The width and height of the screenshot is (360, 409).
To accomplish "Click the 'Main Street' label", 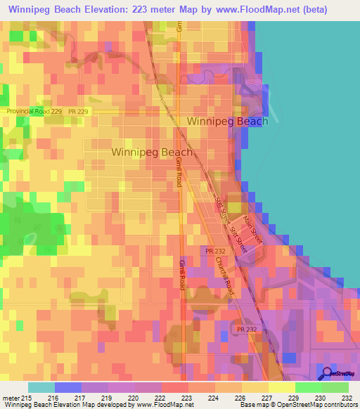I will click(x=252, y=230).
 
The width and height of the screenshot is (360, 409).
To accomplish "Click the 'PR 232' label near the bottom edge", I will click(x=247, y=329).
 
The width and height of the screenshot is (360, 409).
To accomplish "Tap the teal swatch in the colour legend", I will click(x=41, y=387).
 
